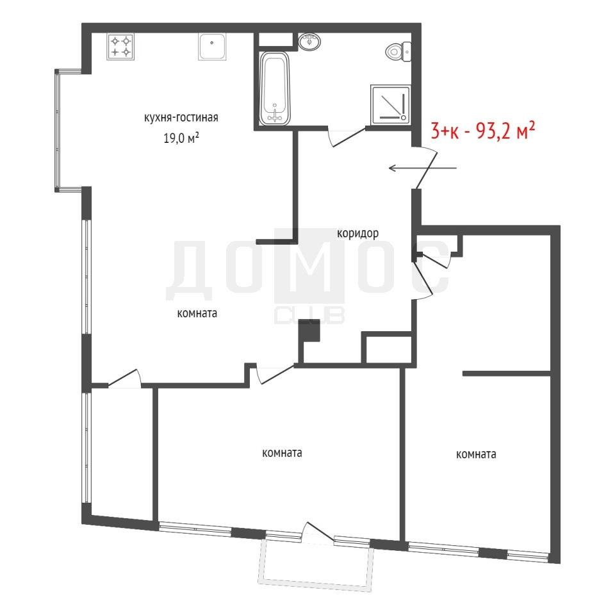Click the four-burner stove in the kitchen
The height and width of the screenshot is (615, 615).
pos(120,46)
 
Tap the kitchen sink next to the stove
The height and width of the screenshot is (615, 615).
pos(212,47)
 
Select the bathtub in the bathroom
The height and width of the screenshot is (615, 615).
pos(275,88)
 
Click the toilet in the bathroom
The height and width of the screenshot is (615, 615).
pos(398,51)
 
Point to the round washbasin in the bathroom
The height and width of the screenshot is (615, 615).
pos(309,42)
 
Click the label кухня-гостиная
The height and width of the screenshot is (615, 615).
pos(181,118)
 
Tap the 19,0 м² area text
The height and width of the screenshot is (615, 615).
pos(181,138)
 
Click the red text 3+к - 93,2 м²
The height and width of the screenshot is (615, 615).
pos(483,131)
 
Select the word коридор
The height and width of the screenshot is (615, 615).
pos(357,233)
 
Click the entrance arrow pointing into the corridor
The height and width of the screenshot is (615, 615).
pos(422,168)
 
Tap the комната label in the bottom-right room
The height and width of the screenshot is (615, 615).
pos(476,454)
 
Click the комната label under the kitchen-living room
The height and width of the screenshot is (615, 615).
pos(197,313)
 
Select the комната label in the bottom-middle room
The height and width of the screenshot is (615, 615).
pos(282,453)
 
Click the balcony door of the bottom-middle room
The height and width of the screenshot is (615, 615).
pos(318,534)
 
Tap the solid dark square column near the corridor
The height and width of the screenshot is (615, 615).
pos(309,331)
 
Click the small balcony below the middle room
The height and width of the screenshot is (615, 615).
pos(316,565)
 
